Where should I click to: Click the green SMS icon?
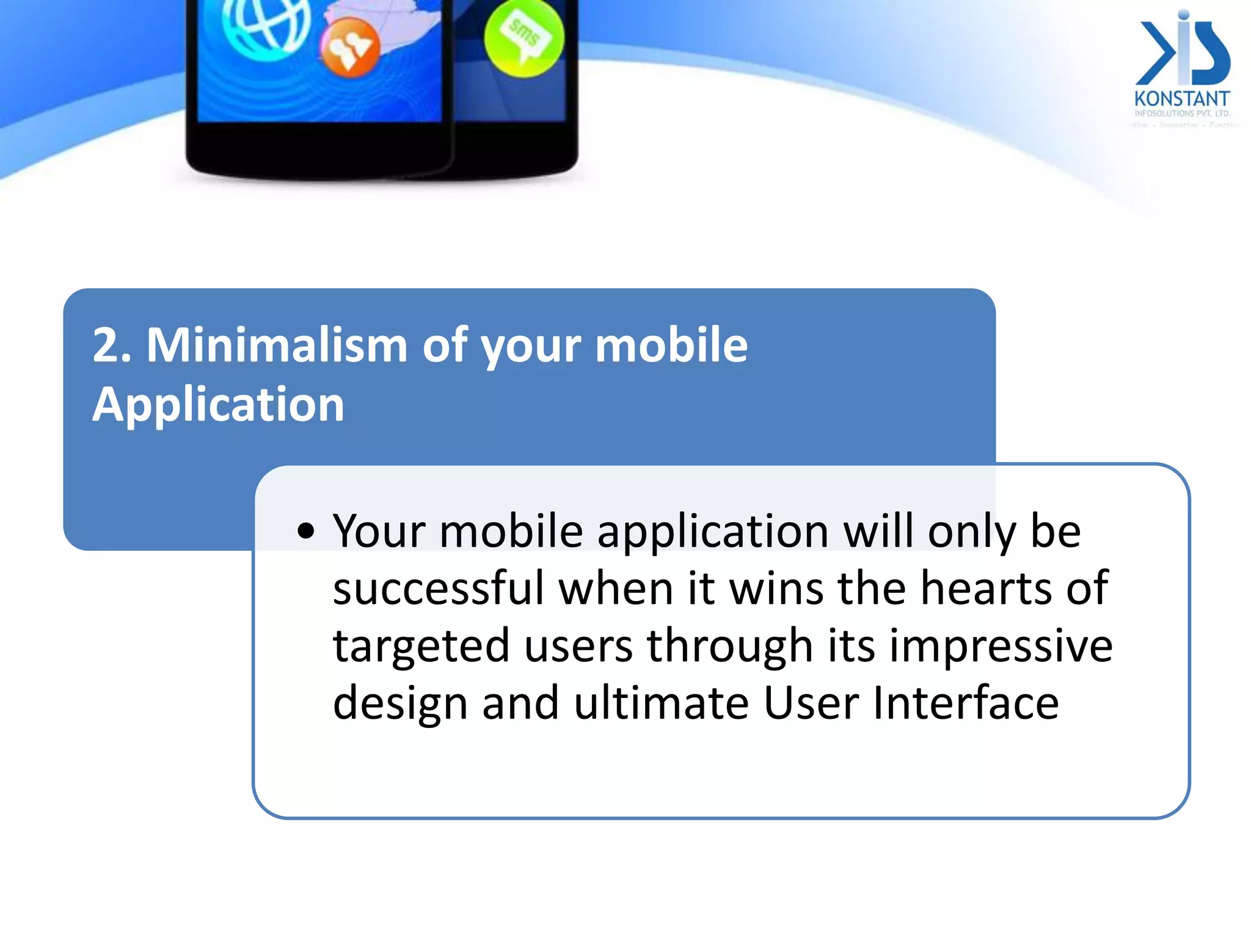coord(523,38)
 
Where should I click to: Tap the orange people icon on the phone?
coord(349,48)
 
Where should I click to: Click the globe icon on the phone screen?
coord(266,24)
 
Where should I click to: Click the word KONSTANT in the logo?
coord(1181,99)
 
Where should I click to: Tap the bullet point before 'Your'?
coord(306,531)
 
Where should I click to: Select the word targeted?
coord(421,646)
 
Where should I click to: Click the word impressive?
coord(1001,646)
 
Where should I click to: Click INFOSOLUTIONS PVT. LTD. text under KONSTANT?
coord(1182,114)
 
